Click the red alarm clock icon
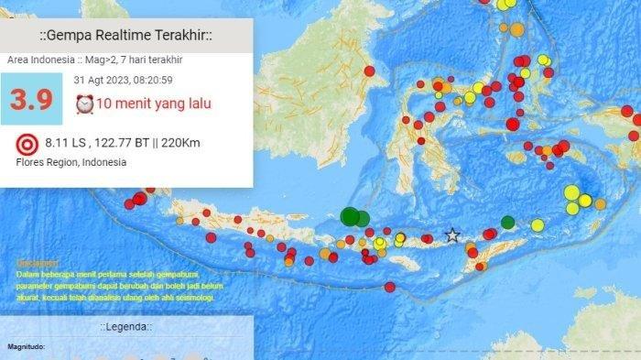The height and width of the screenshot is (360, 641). tap(84, 104)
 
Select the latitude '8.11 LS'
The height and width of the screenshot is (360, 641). tap(63, 144)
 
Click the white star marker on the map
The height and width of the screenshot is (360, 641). tap(451, 235)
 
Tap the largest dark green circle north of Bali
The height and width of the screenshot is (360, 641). tap(349, 216)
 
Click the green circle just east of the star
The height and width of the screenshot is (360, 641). tap(508, 222)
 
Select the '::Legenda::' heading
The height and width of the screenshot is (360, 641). tap(126, 327)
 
